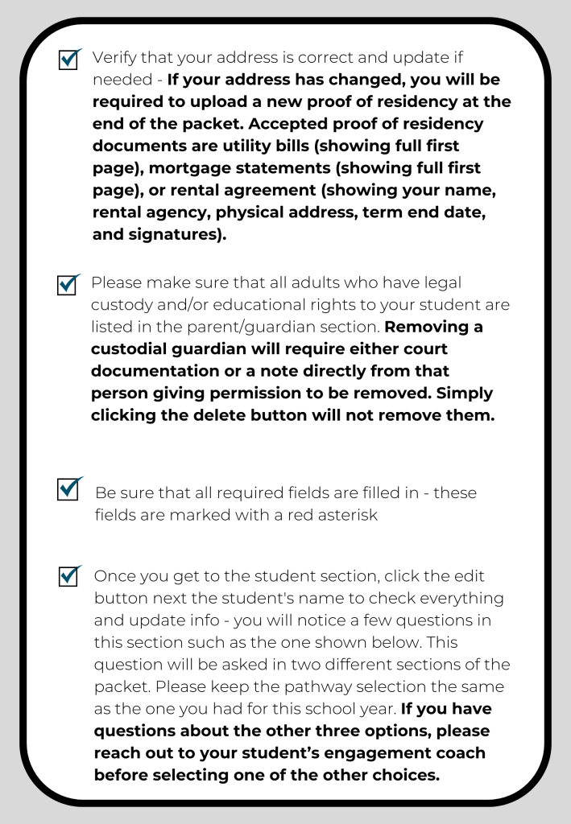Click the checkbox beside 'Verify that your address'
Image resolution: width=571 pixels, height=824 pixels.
pyautogui.click(x=69, y=60)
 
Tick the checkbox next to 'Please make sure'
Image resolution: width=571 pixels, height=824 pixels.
pyautogui.click(x=69, y=285)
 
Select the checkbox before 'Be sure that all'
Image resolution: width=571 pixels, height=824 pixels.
pyautogui.click(x=69, y=489)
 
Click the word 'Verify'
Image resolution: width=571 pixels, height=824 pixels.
pyautogui.click(x=112, y=59)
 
